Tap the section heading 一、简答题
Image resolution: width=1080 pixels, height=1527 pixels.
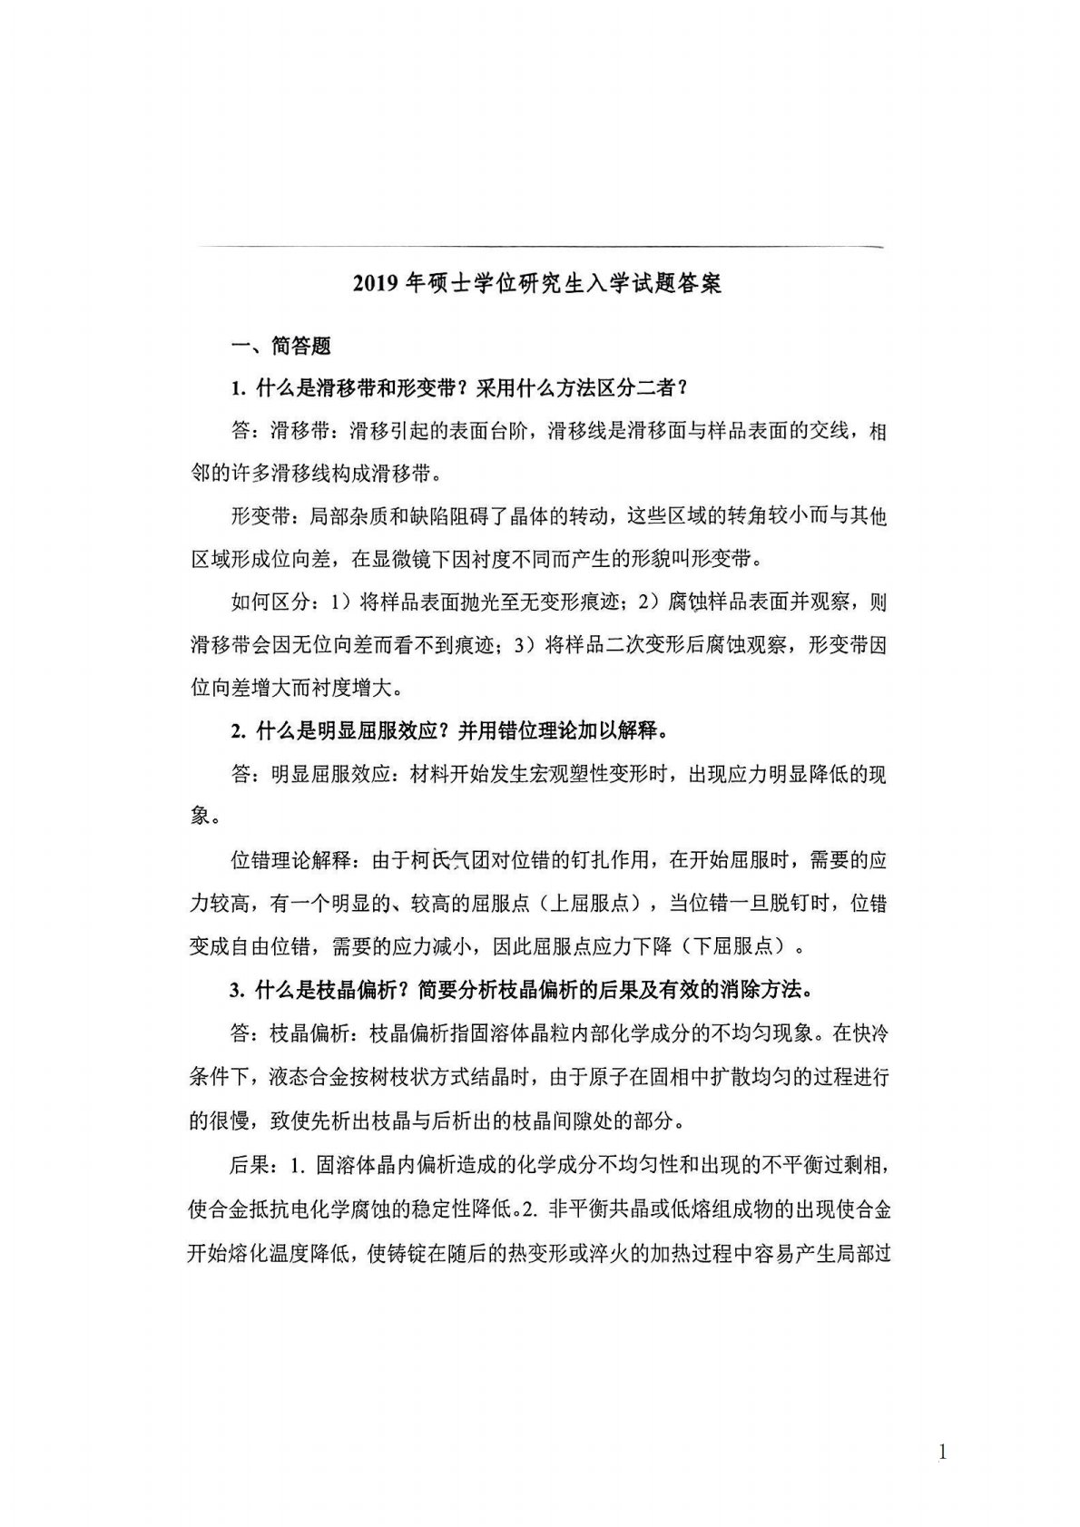[x=281, y=346]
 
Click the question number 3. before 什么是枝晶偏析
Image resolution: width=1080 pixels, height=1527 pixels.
[x=239, y=990]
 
